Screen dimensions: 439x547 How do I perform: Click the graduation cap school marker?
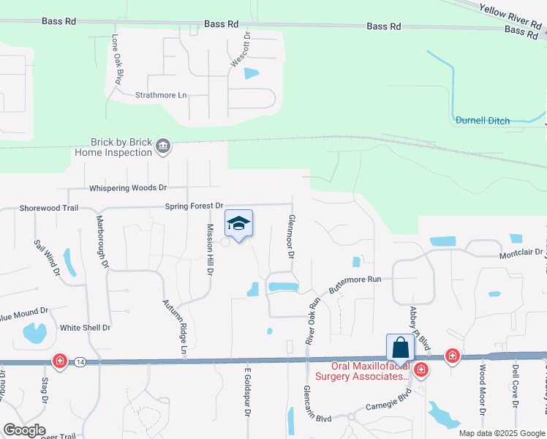point(238,223)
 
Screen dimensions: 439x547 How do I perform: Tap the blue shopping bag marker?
point(400,348)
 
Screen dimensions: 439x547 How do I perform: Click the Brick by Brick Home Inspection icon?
point(162,147)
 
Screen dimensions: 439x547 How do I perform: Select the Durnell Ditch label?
point(483,120)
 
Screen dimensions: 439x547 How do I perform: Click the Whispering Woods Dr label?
point(128,188)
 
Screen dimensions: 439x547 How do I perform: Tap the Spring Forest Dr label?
point(193,207)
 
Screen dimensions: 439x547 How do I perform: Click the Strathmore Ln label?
point(162,95)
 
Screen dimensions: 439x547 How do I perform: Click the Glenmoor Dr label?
point(291,237)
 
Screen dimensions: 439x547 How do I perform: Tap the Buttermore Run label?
point(355,285)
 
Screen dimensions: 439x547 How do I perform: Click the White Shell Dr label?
point(85,328)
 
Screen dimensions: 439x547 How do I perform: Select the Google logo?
point(24,430)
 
